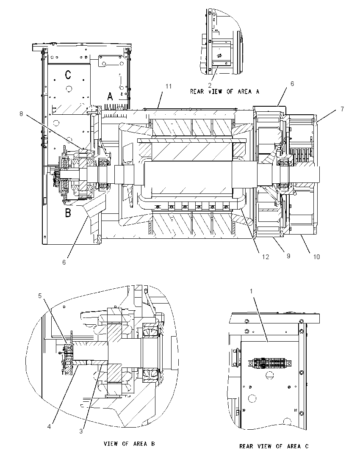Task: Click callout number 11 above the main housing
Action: click(x=169, y=86)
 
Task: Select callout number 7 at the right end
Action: click(x=342, y=109)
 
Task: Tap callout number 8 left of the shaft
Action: click(x=21, y=114)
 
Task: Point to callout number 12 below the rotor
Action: click(x=265, y=257)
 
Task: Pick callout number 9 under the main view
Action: click(x=288, y=256)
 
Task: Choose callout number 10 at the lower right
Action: click(x=316, y=257)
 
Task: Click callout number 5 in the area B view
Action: click(x=40, y=296)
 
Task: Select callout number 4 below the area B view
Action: click(x=49, y=427)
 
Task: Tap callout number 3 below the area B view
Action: click(x=81, y=431)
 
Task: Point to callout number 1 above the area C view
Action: click(x=251, y=291)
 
